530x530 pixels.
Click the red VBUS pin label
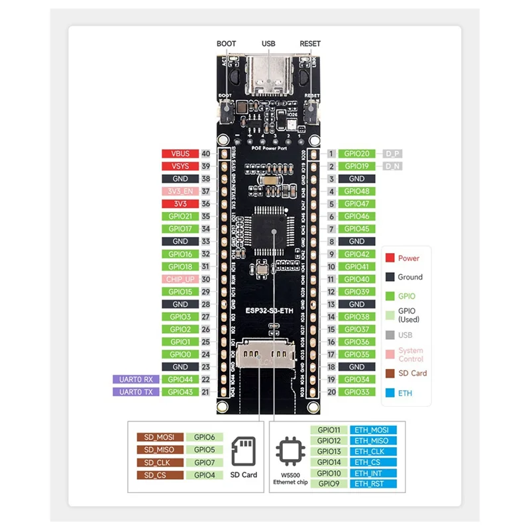180,154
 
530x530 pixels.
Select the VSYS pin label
180,166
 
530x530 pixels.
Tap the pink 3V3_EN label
180,191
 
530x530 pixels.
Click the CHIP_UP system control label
180,279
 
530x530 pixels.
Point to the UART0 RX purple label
136,380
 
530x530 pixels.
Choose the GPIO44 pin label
180,380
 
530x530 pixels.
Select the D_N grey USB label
393,166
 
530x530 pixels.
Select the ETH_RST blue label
374,484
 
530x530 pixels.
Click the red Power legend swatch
391,258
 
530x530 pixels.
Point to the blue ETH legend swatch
391,393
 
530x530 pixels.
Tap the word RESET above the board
310,44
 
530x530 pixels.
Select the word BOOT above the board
226,44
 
